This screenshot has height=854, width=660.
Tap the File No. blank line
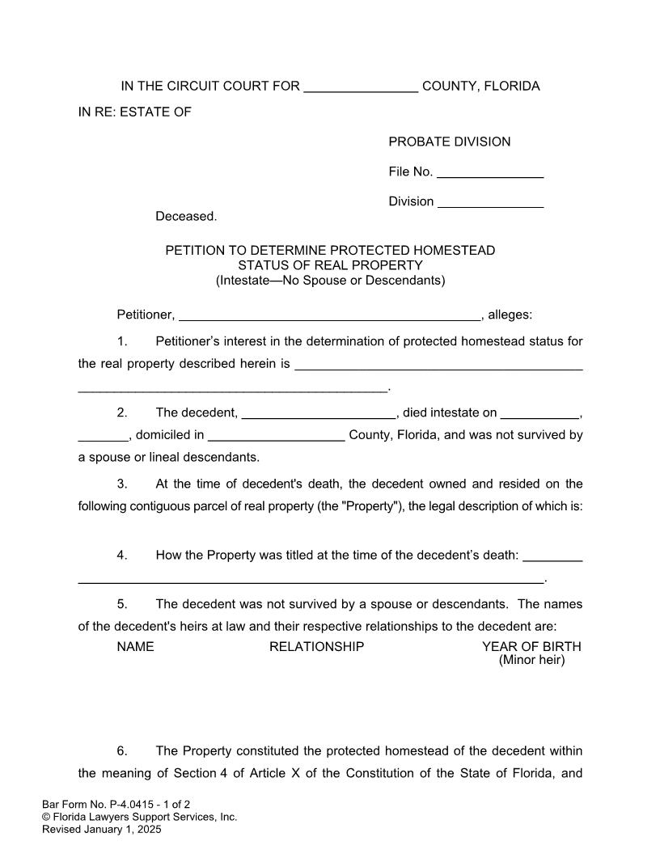pos(489,173)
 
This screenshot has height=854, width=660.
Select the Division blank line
pos(490,203)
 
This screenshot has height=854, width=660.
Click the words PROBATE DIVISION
pos(449,142)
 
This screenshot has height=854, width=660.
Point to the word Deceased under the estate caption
pos(186,217)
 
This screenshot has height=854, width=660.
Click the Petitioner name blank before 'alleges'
pos(329,316)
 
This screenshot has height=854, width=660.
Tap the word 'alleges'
pos(510,315)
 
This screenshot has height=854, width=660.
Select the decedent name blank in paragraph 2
pos(319,414)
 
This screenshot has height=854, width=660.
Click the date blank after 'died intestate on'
pos(540,414)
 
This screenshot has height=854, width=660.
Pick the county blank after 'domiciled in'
pos(276,436)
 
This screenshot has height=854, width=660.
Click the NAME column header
pos(135,647)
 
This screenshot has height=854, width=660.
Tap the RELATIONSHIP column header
pos(316,647)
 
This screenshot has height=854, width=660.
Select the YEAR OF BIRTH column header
pos(531,647)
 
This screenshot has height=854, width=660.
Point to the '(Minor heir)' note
pos(531,660)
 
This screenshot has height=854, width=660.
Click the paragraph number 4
pos(122,556)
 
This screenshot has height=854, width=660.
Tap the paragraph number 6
pos(122,751)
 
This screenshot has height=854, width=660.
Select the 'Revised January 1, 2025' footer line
pos(102,830)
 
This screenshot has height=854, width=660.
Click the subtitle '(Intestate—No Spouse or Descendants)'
pos(330,281)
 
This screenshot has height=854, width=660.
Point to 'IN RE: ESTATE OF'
pos(134,112)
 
